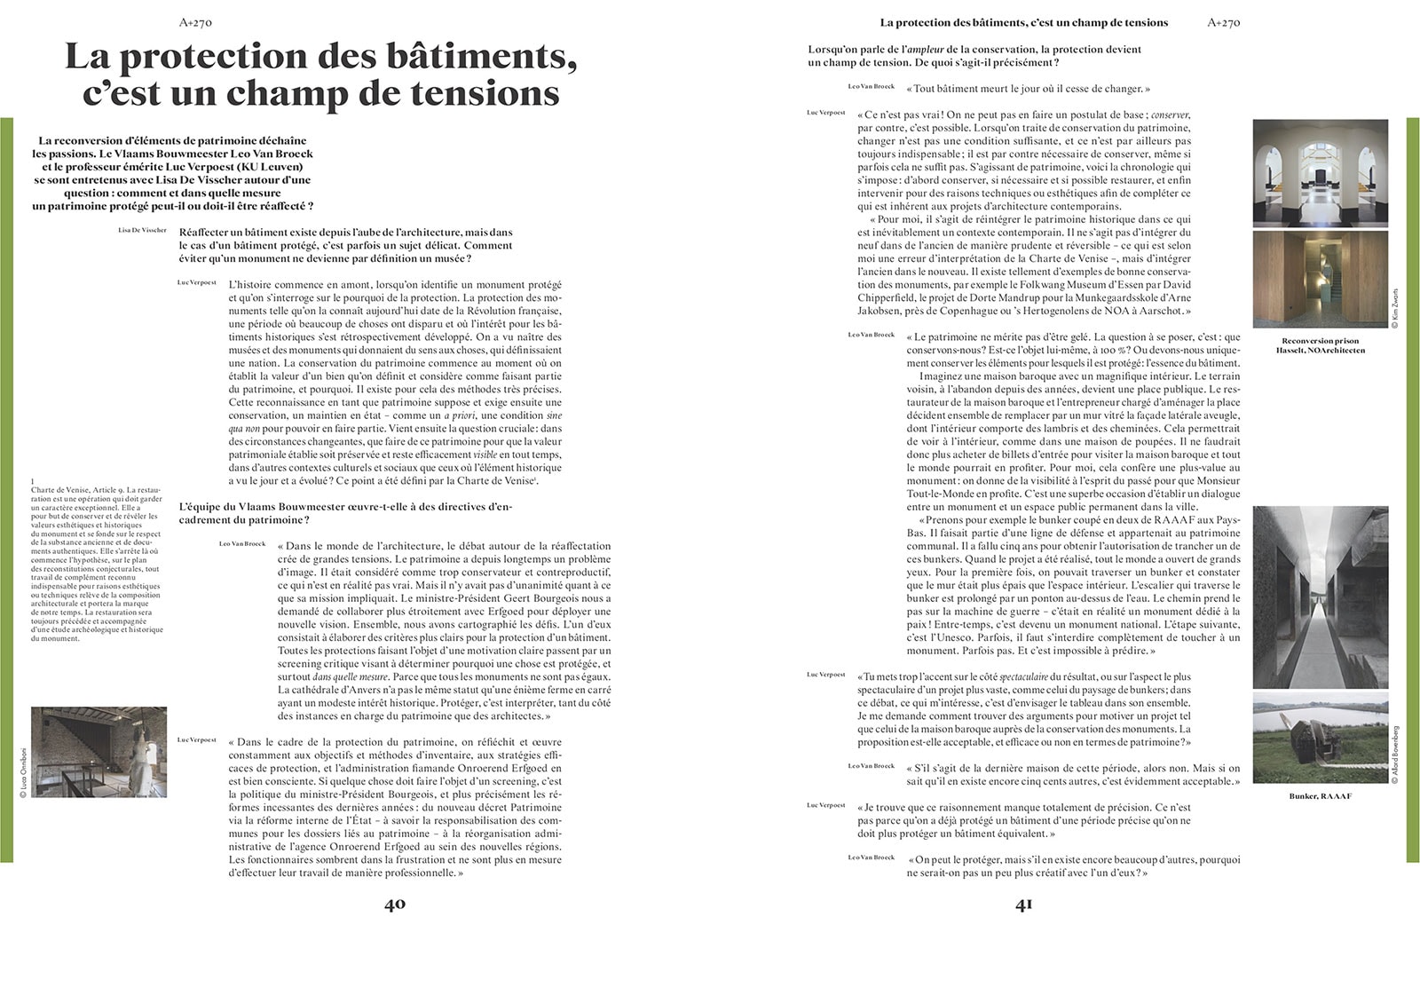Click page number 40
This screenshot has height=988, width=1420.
(x=394, y=905)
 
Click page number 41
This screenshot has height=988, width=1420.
(x=1023, y=905)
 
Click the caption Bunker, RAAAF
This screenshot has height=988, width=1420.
(x=1321, y=796)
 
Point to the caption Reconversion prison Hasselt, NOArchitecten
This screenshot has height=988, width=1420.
(x=1321, y=345)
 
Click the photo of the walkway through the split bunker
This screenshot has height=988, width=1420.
(x=1320, y=597)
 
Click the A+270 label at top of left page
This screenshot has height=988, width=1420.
(x=194, y=23)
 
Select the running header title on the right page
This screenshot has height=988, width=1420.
(x=1023, y=22)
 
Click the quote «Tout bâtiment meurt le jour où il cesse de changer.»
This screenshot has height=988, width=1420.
(x=1028, y=90)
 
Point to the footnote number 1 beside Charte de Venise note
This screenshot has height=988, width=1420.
(x=32, y=480)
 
